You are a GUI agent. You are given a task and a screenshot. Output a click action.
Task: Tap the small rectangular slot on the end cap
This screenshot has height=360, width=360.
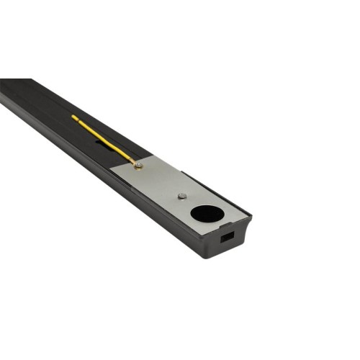228,235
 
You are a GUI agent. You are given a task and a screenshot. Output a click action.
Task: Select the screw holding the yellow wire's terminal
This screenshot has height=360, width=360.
138,166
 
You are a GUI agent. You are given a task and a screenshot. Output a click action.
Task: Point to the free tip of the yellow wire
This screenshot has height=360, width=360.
73,116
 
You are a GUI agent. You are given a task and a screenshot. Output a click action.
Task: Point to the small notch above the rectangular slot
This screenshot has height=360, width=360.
230,224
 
